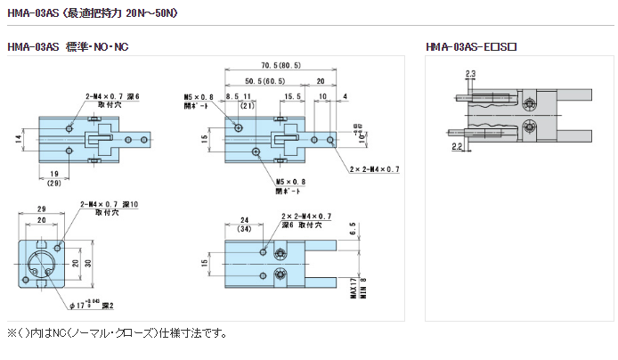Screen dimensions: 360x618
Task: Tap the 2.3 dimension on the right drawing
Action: pos(470,73)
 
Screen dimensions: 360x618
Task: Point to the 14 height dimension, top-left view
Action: pos(18,138)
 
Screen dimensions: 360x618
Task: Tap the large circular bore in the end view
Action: pos(41,264)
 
